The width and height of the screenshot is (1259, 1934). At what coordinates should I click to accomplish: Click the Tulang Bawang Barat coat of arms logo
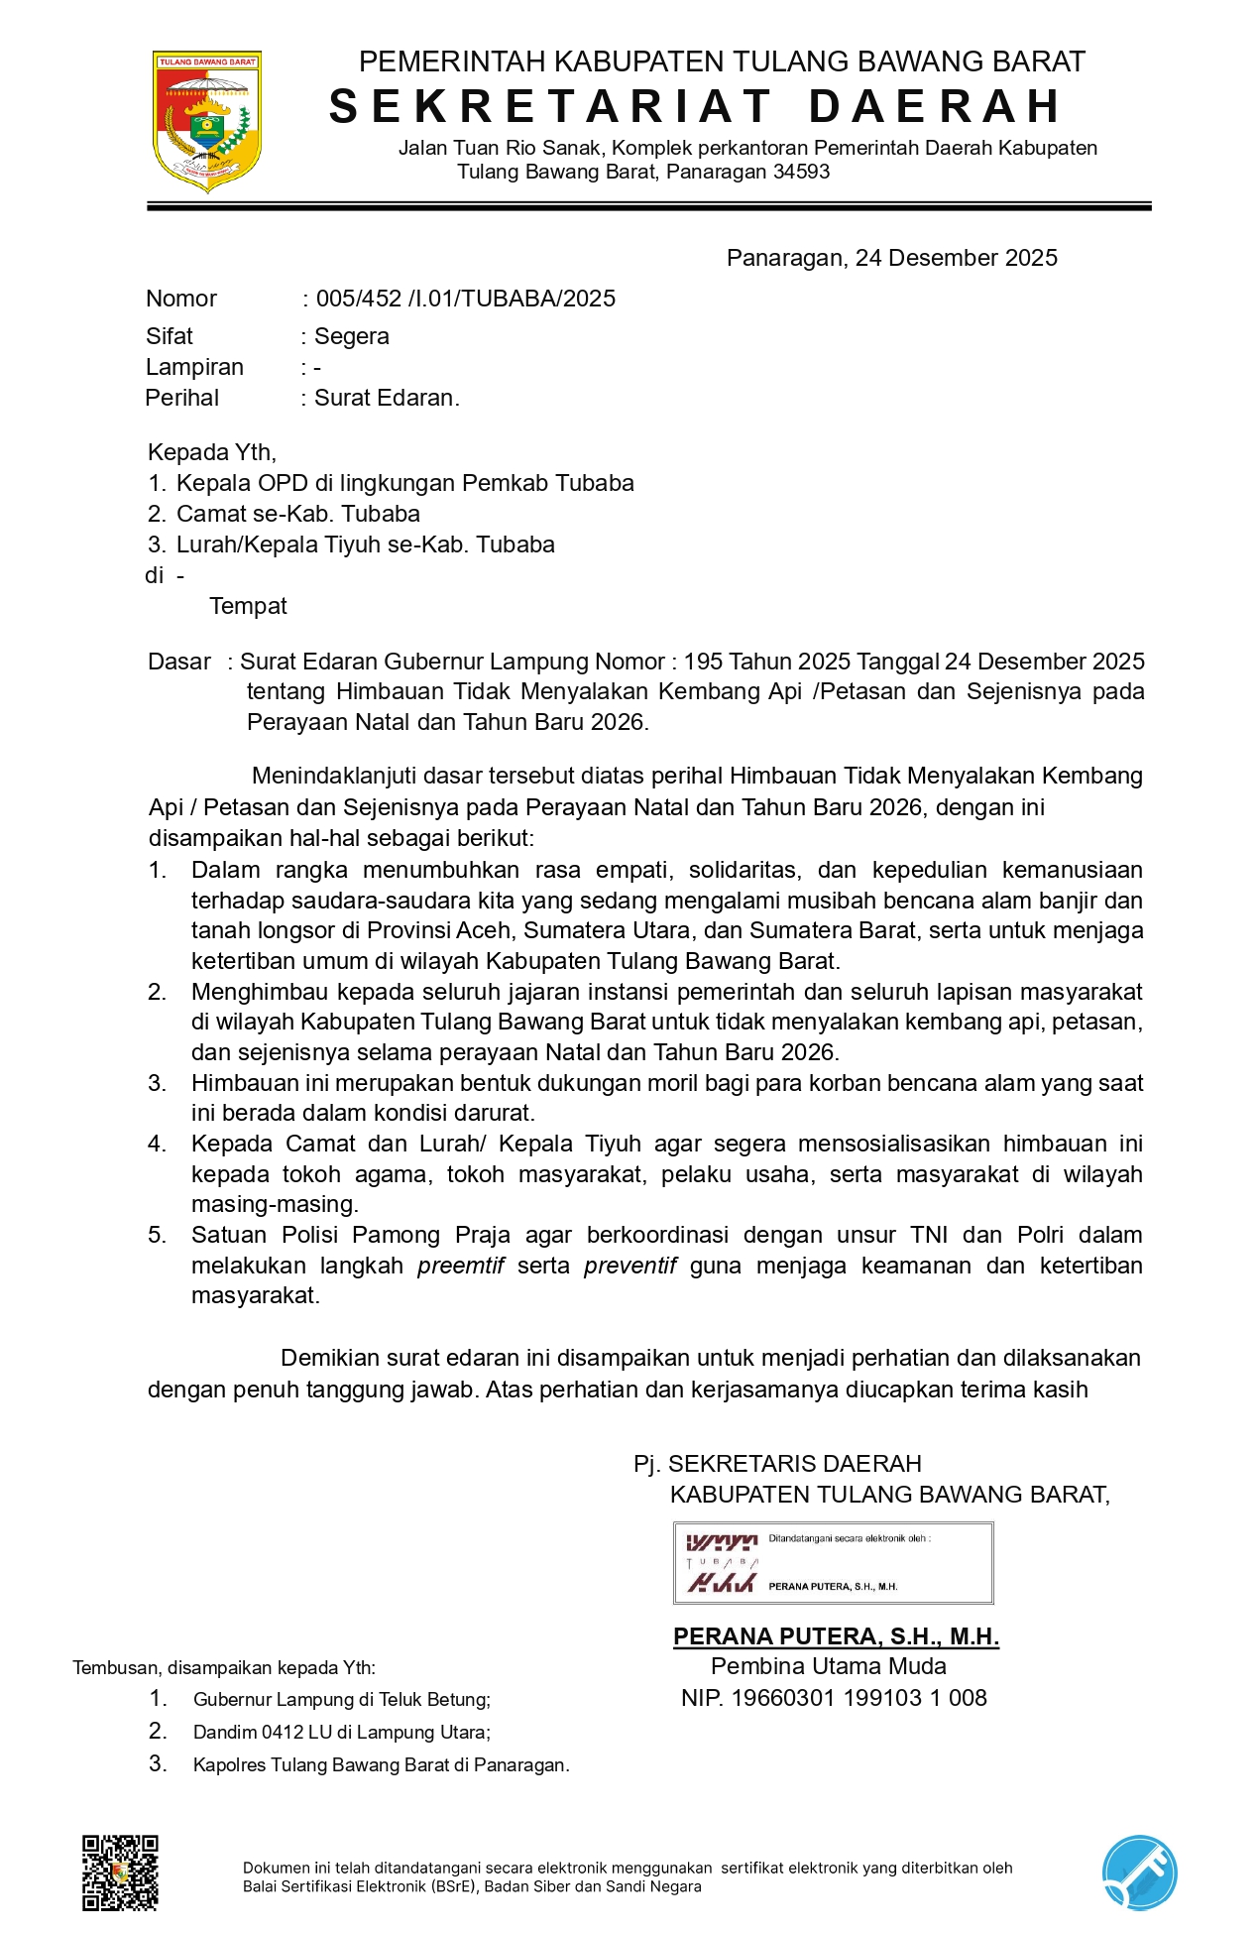(206, 121)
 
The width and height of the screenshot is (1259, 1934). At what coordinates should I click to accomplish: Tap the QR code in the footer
(120, 1873)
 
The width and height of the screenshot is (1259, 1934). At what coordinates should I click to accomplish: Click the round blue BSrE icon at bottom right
(1140, 1873)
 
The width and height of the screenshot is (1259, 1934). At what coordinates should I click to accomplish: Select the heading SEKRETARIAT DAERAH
(696, 107)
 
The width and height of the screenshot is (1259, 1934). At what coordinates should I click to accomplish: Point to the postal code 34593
(801, 172)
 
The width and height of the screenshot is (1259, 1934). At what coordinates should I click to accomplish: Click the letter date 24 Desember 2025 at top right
(956, 258)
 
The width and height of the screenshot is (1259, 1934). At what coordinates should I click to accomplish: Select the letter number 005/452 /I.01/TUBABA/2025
(465, 299)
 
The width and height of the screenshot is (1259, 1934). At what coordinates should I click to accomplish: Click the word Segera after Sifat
(351, 336)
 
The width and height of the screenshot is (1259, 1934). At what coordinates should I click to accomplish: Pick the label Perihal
(181, 398)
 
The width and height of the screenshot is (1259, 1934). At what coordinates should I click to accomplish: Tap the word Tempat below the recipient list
(248, 606)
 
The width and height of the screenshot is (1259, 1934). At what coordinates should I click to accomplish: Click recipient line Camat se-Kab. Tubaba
(297, 514)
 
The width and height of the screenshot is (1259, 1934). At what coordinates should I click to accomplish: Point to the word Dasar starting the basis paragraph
(179, 662)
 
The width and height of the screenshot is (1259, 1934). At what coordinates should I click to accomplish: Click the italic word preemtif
(461, 1266)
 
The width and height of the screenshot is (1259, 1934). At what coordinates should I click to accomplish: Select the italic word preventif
(629, 1266)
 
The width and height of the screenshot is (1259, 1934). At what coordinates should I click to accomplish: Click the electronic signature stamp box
(833, 1563)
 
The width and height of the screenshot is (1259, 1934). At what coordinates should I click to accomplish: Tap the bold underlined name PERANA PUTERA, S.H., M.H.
(836, 1636)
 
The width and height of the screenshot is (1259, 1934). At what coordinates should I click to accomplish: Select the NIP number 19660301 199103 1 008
(858, 1698)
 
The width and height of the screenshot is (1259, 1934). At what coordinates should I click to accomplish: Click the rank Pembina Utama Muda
(828, 1666)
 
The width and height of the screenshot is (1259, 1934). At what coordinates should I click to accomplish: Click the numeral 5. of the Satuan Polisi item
(157, 1235)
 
